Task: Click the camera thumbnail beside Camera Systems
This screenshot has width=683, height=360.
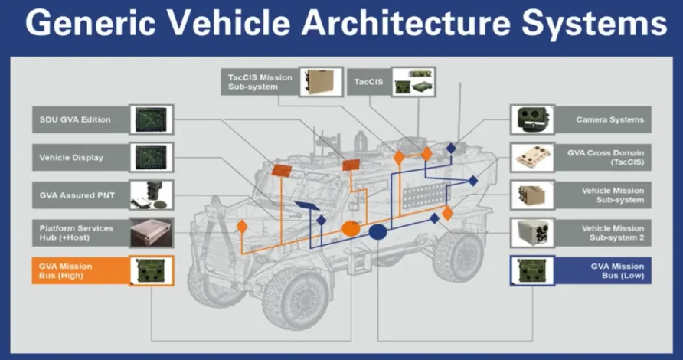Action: pyautogui.click(x=532, y=119)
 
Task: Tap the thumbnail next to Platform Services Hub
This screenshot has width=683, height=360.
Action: pyautogui.click(x=152, y=233)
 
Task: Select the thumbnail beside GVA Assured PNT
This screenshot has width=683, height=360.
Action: pyautogui.click(x=152, y=195)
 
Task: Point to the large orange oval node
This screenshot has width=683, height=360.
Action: pyautogui.click(x=351, y=227)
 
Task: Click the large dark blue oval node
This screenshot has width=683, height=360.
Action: pyautogui.click(x=378, y=231)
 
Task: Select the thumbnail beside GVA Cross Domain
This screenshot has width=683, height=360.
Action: pyautogui.click(x=532, y=158)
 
